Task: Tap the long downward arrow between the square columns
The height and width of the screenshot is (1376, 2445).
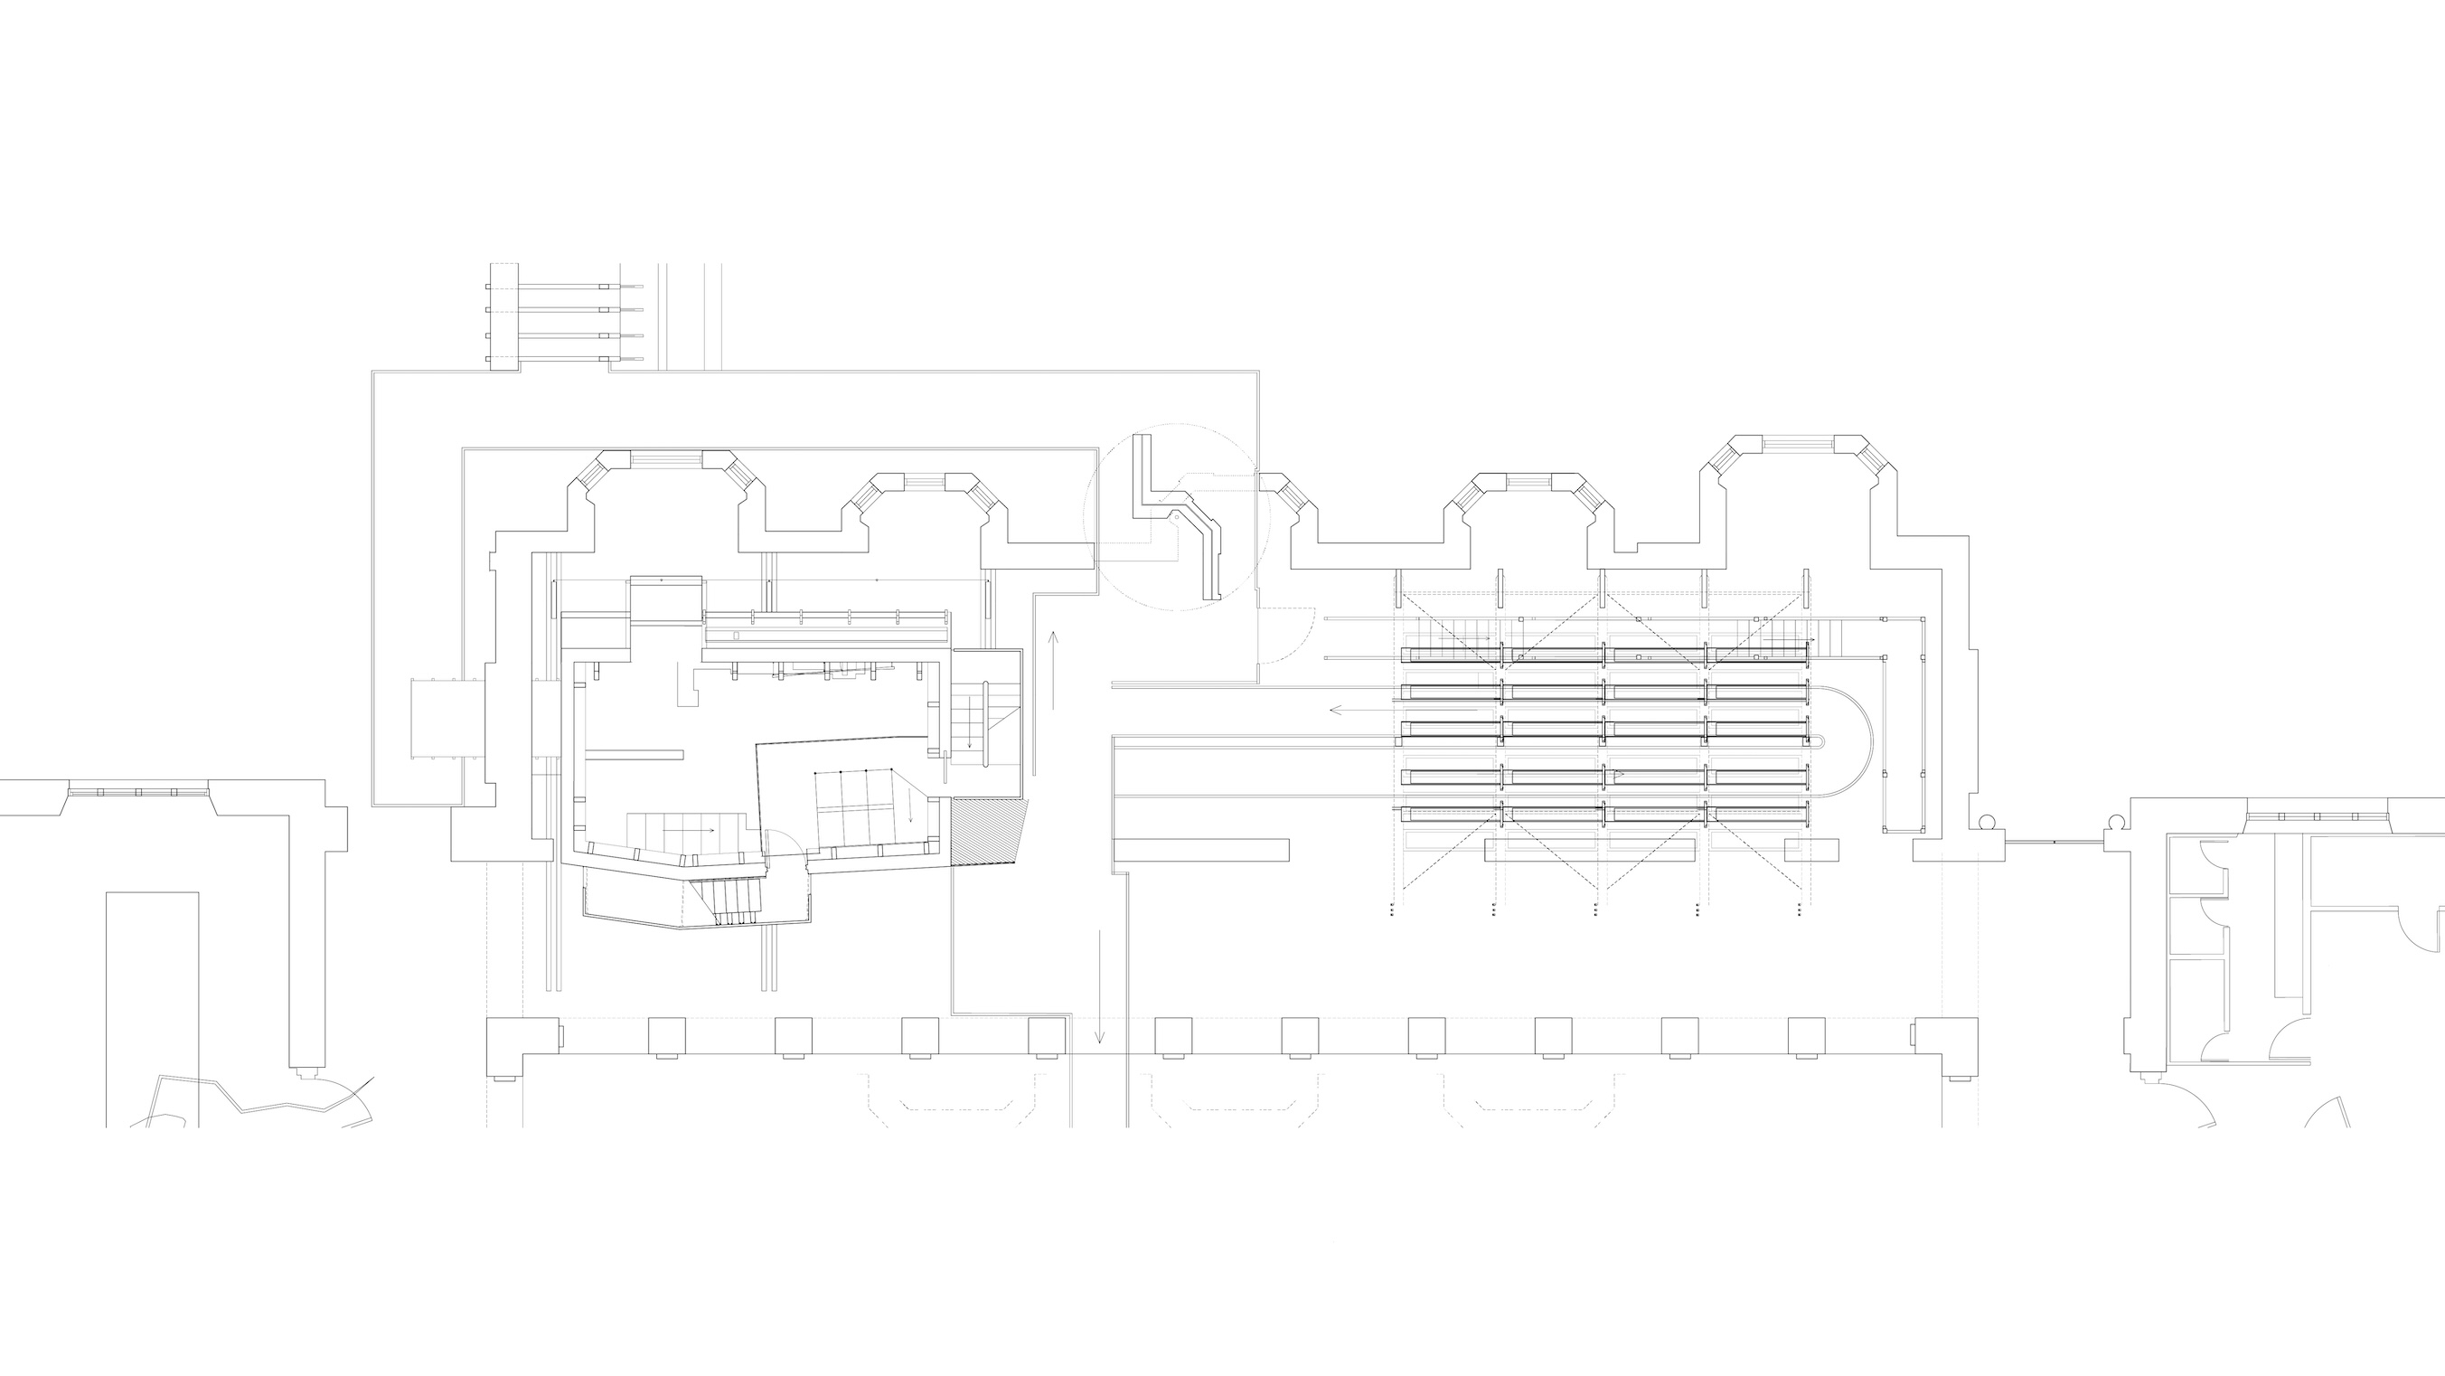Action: pyautogui.click(x=1099, y=986)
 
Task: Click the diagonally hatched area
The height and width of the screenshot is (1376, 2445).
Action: pyautogui.click(x=989, y=831)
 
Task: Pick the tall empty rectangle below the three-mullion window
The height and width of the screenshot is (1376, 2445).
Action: pyautogui.click(x=152, y=1006)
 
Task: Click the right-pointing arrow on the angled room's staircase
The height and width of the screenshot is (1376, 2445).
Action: pyautogui.click(x=688, y=830)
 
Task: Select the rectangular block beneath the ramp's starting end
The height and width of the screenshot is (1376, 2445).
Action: pyautogui.click(x=1200, y=849)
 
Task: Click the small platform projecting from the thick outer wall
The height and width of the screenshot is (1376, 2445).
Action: pyautogui.click(x=447, y=719)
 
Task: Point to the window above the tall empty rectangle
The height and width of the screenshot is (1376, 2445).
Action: pyautogui.click(x=137, y=791)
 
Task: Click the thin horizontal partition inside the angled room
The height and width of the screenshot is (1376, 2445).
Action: pyautogui.click(x=634, y=755)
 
